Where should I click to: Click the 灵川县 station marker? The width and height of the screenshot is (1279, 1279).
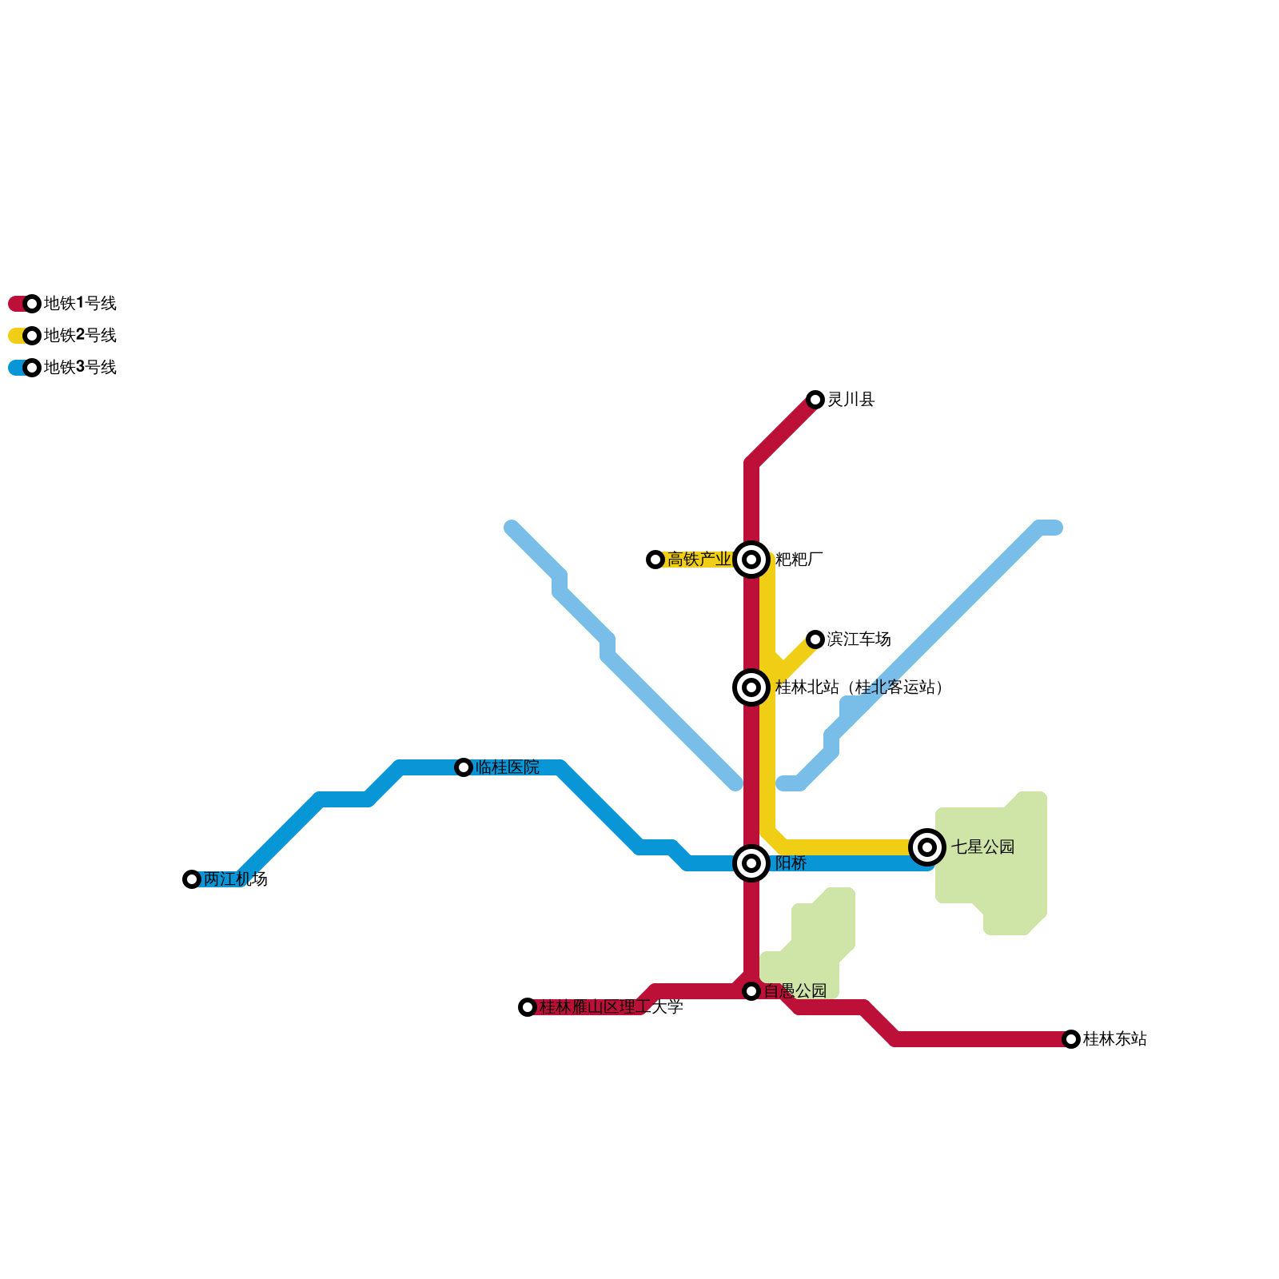point(815,400)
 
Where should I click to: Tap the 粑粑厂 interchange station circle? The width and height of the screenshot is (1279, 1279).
point(751,560)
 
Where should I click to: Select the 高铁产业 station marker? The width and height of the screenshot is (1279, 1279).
point(655,560)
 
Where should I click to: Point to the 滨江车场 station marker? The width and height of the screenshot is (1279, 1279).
point(815,639)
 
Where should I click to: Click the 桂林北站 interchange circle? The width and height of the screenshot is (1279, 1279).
point(751,687)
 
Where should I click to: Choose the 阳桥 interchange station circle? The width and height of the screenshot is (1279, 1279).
point(751,863)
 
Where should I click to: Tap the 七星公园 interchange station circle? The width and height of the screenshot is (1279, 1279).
point(927,847)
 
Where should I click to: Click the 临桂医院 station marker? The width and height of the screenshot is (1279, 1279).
point(464,767)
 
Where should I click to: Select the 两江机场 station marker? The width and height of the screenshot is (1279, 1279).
point(192,879)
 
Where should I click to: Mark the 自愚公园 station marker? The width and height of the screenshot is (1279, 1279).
point(751,991)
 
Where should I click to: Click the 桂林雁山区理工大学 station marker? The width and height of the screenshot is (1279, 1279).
point(528,1007)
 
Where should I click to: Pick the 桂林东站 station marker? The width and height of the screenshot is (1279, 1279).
point(1071,1039)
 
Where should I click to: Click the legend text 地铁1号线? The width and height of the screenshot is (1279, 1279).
point(80,304)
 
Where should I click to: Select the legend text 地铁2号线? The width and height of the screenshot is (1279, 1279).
point(80,336)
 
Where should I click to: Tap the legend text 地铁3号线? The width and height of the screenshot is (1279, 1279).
point(80,368)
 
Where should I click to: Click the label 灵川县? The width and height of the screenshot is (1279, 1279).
point(851,400)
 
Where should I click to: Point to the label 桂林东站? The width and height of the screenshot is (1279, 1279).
point(1114,1039)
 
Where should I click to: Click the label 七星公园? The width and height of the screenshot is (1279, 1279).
point(982,847)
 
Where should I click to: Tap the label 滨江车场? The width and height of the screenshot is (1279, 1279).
point(859,639)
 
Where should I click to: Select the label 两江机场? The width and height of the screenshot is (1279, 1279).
point(235,879)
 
